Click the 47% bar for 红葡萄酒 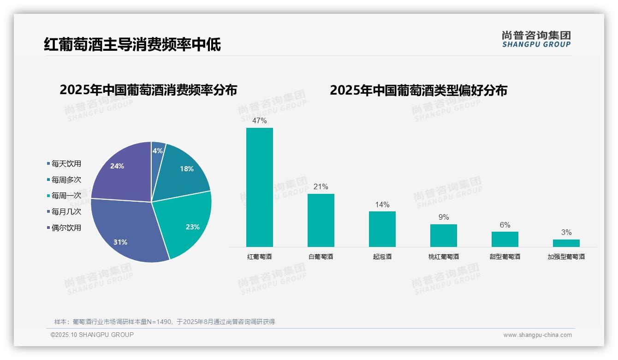(x=259, y=187)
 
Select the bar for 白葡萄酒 (x=321, y=220)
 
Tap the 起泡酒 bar (x=382, y=229)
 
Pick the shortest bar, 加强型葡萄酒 (x=566, y=243)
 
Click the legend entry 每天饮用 (x=66, y=164)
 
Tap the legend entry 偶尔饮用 (x=66, y=228)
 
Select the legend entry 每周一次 (x=66, y=196)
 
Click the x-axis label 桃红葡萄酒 (x=443, y=257)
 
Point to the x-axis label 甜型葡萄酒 (x=505, y=257)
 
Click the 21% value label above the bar (x=321, y=187)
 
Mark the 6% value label (x=505, y=225)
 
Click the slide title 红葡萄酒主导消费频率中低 (x=132, y=44)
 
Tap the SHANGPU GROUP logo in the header (x=536, y=39)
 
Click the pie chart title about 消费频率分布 (x=148, y=90)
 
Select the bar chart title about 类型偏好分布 (x=418, y=90)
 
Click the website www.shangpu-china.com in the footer (x=537, y=335)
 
